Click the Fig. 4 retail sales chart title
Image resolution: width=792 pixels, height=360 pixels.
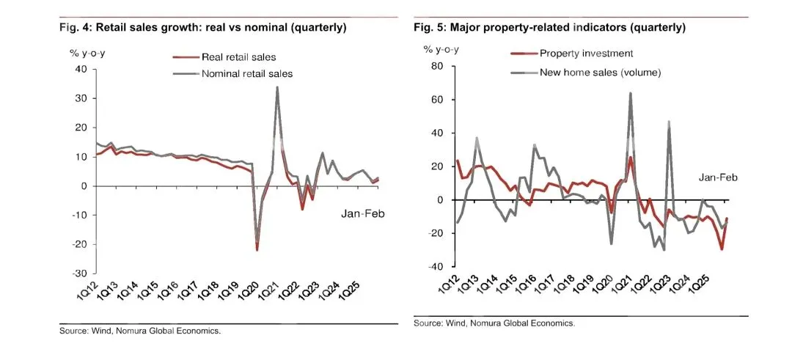203,28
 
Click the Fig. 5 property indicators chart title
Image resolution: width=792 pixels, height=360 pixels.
549,28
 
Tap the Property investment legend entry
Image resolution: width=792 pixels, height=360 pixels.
586,53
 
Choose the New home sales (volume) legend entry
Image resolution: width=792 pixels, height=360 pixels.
600,73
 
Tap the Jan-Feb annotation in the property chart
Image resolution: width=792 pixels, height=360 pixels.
717,177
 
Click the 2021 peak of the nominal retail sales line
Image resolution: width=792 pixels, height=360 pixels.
277,87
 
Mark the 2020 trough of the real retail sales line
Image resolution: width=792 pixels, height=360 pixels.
257,250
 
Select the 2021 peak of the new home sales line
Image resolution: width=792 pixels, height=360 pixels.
630,93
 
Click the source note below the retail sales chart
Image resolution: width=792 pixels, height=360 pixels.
140,331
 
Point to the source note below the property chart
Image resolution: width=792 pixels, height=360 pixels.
494,323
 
